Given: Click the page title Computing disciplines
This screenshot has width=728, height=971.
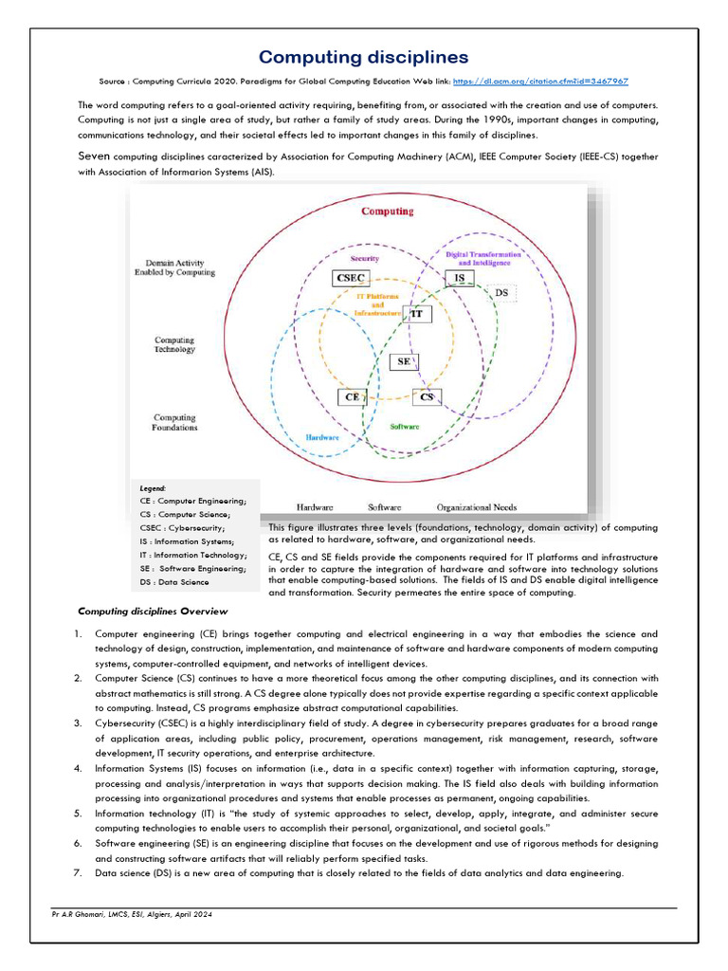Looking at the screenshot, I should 364,58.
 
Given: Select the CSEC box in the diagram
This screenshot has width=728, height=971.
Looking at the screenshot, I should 351,278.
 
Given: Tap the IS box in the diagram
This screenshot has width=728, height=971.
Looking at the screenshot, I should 459,278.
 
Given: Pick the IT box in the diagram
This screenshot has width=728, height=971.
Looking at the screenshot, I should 416,313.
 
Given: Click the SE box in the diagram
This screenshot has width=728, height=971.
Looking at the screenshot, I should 404,361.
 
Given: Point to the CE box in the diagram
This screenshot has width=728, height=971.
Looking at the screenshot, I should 352,397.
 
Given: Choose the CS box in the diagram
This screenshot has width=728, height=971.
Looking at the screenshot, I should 427,397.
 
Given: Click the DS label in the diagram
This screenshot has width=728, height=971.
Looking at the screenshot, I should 501,293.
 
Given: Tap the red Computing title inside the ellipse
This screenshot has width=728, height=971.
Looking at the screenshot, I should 387,211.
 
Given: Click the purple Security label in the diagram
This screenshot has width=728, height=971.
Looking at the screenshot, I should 365,258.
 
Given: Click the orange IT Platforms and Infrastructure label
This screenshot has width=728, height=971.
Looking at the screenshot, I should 376,304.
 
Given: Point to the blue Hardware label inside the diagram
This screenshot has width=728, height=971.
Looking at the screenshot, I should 322,437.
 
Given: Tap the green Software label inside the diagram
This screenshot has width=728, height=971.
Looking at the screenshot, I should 405,427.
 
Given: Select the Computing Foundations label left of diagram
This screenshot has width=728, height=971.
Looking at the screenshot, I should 175,422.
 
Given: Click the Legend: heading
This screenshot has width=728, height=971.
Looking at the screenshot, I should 153,487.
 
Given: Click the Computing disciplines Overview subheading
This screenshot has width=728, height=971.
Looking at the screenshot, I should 153,611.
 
